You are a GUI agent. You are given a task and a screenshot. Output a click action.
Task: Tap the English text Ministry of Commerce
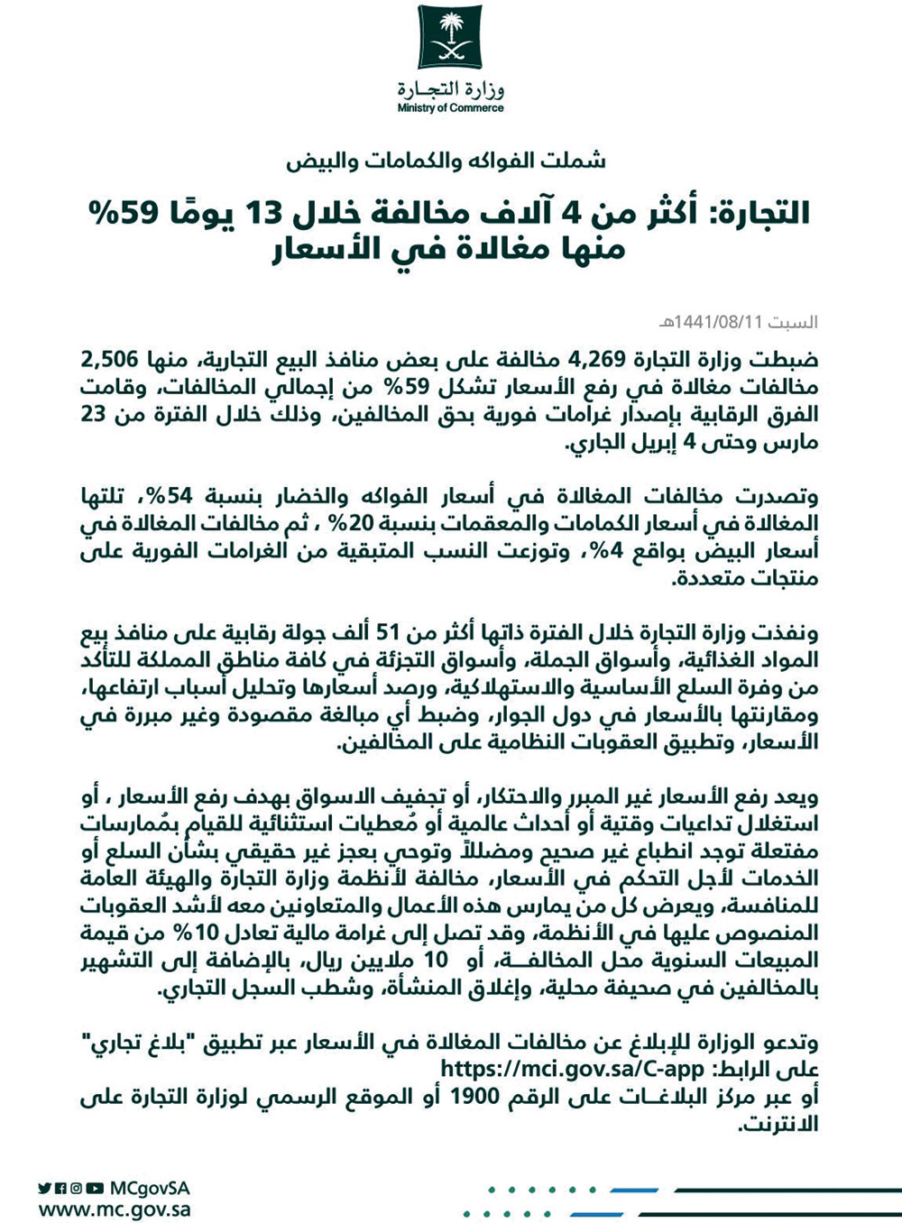(450, 108)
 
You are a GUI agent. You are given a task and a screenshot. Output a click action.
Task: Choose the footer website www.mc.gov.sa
(115, 1209)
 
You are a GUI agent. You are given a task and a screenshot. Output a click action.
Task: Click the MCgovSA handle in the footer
(149, 1188)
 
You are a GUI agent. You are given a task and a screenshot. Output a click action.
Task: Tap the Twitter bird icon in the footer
(45, 1189)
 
